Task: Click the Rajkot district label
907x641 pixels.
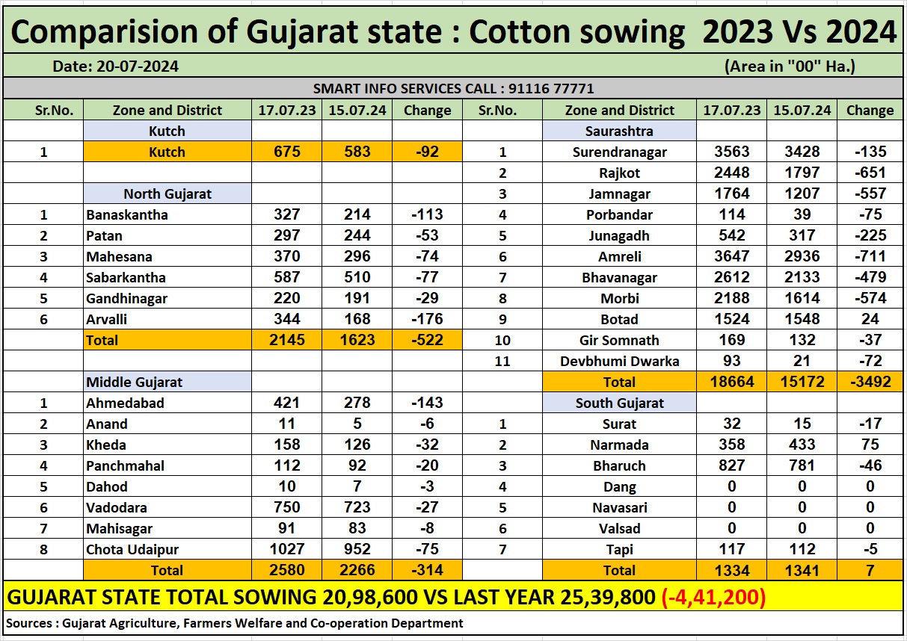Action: [619, 173]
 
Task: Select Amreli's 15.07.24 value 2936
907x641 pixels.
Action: [802, 256]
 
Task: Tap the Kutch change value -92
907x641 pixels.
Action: [427, 152]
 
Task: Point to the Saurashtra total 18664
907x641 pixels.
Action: [731, 382]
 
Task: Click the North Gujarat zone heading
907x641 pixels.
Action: [167, 193]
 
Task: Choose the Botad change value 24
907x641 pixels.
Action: [870, 319]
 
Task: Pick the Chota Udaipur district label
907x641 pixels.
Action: [132, 549]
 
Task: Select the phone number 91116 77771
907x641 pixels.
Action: [551, 88]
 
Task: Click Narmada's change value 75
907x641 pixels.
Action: [870, 445]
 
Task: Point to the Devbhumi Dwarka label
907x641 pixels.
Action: [619, 361]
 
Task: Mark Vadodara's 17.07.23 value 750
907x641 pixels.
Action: [287, 507]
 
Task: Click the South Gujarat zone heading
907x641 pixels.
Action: [619, 403]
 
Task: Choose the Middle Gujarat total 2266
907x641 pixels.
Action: [357, 570]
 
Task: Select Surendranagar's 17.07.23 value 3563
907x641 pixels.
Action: [731, 152]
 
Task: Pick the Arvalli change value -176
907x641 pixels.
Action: [427, 319]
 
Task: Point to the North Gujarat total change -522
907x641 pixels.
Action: [427, 340]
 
